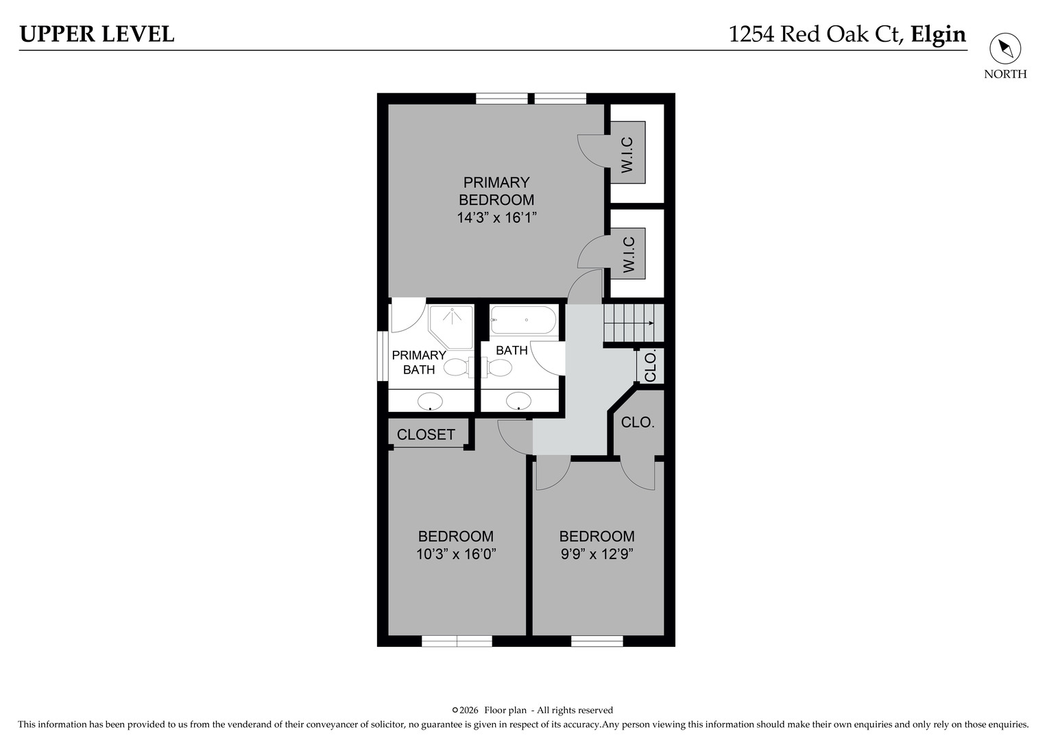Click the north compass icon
click(1004, 49)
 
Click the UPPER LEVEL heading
click(97, 34)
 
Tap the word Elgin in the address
click(938, 34)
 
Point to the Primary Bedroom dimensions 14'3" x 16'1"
click(496, 218)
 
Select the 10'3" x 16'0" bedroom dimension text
click(455, 554)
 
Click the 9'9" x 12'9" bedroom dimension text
click(597, 554)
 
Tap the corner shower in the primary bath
click(451, 326)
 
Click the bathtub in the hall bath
click(524, 320)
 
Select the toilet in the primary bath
click(455, 368)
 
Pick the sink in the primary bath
click(430, 400)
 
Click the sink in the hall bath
click(518, 400)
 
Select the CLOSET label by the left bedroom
click(426, 434)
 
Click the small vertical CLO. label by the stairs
click(650, 366)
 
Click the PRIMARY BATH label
click(418, 362)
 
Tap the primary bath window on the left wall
click(383, 356)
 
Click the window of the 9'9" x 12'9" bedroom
click(597, 641)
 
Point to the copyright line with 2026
click(532, 710)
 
